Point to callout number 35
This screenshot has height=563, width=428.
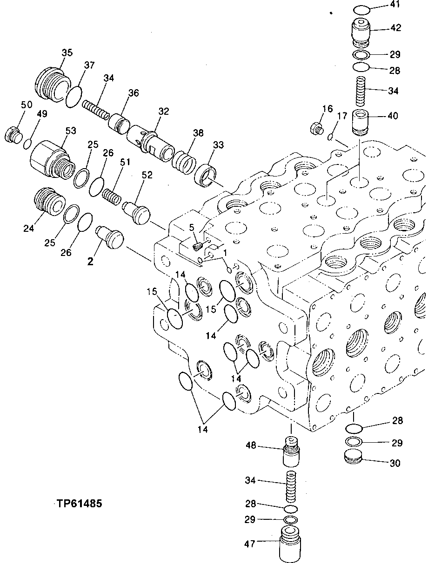pyautogui.click(x=67, y=53)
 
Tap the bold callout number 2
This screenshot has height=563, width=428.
pyautogui.click(x=90, y=261)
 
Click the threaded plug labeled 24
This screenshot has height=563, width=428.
pyautogui.click(x=47, y=201)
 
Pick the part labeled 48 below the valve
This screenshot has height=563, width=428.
pyautogui.click(x=291, y=452)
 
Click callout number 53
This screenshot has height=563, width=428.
pyautogui.click(x=71, y=131)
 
